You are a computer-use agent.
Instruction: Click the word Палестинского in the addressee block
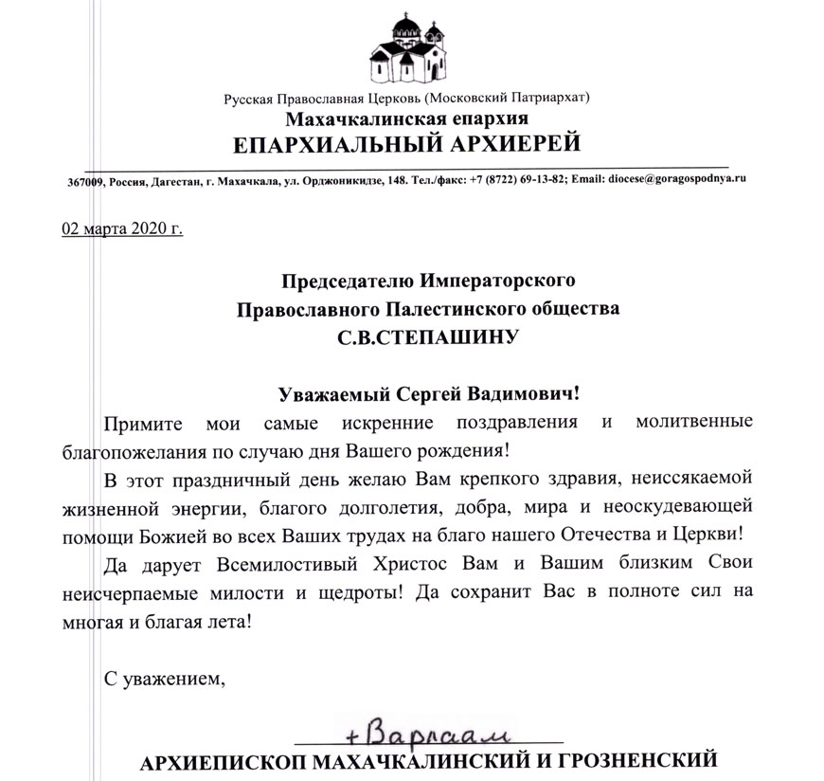click(450, 309)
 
